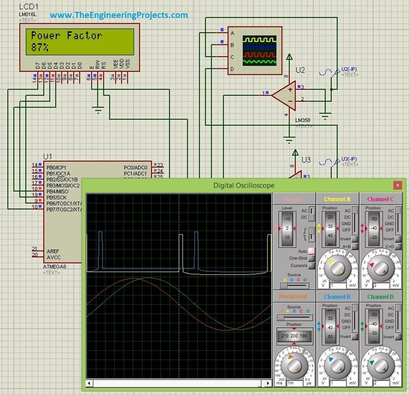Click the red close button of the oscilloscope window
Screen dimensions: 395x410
tap(397, 185)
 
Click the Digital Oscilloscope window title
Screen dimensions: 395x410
tap(243, 185)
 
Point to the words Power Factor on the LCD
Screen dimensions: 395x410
tap(66, 36)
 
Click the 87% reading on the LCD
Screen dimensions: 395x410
tap(40, 48)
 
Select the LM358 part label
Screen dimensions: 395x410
tap(303, 121)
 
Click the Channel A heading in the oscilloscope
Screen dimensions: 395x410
tap(337, 199)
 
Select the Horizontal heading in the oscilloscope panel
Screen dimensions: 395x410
tap(293, 296)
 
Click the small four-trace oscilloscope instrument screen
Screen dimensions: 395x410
tap(259, 50)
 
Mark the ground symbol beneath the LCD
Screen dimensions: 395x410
tap(97, 110)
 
